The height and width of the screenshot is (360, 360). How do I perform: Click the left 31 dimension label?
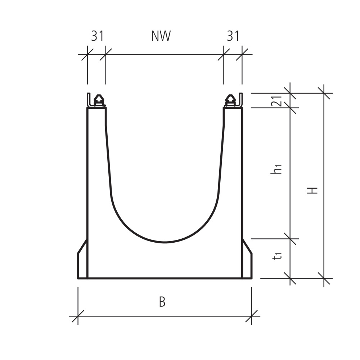click(x=97, y=36)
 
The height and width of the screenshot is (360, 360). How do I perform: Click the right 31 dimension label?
click(x=233, y=36)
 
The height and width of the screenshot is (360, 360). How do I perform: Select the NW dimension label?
click(x=161, y=36)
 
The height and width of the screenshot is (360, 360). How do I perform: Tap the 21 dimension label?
click(x=276, y=101)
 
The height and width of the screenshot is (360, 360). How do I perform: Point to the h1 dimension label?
click(x=276, y=169)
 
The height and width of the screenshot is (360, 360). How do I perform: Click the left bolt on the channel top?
click(x=99, y=100)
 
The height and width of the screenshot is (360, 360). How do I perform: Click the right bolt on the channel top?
click(x=230, y=100)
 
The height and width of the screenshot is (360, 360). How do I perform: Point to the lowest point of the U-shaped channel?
click(x=165, y=242)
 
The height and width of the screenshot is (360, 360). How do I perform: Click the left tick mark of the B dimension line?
click(x=78, y=316)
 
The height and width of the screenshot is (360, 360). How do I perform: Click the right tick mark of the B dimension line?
click(x=251, y=316)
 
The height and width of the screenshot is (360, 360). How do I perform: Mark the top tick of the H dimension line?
click(x=324, y=93)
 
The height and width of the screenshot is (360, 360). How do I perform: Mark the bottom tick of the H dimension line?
click(x=324, y=278)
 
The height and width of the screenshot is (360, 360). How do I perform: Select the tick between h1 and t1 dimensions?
click(x=290, y=239)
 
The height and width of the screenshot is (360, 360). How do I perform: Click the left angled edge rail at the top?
click(x=88, y=100)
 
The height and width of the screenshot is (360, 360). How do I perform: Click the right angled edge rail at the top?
click(x=241, y=100)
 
